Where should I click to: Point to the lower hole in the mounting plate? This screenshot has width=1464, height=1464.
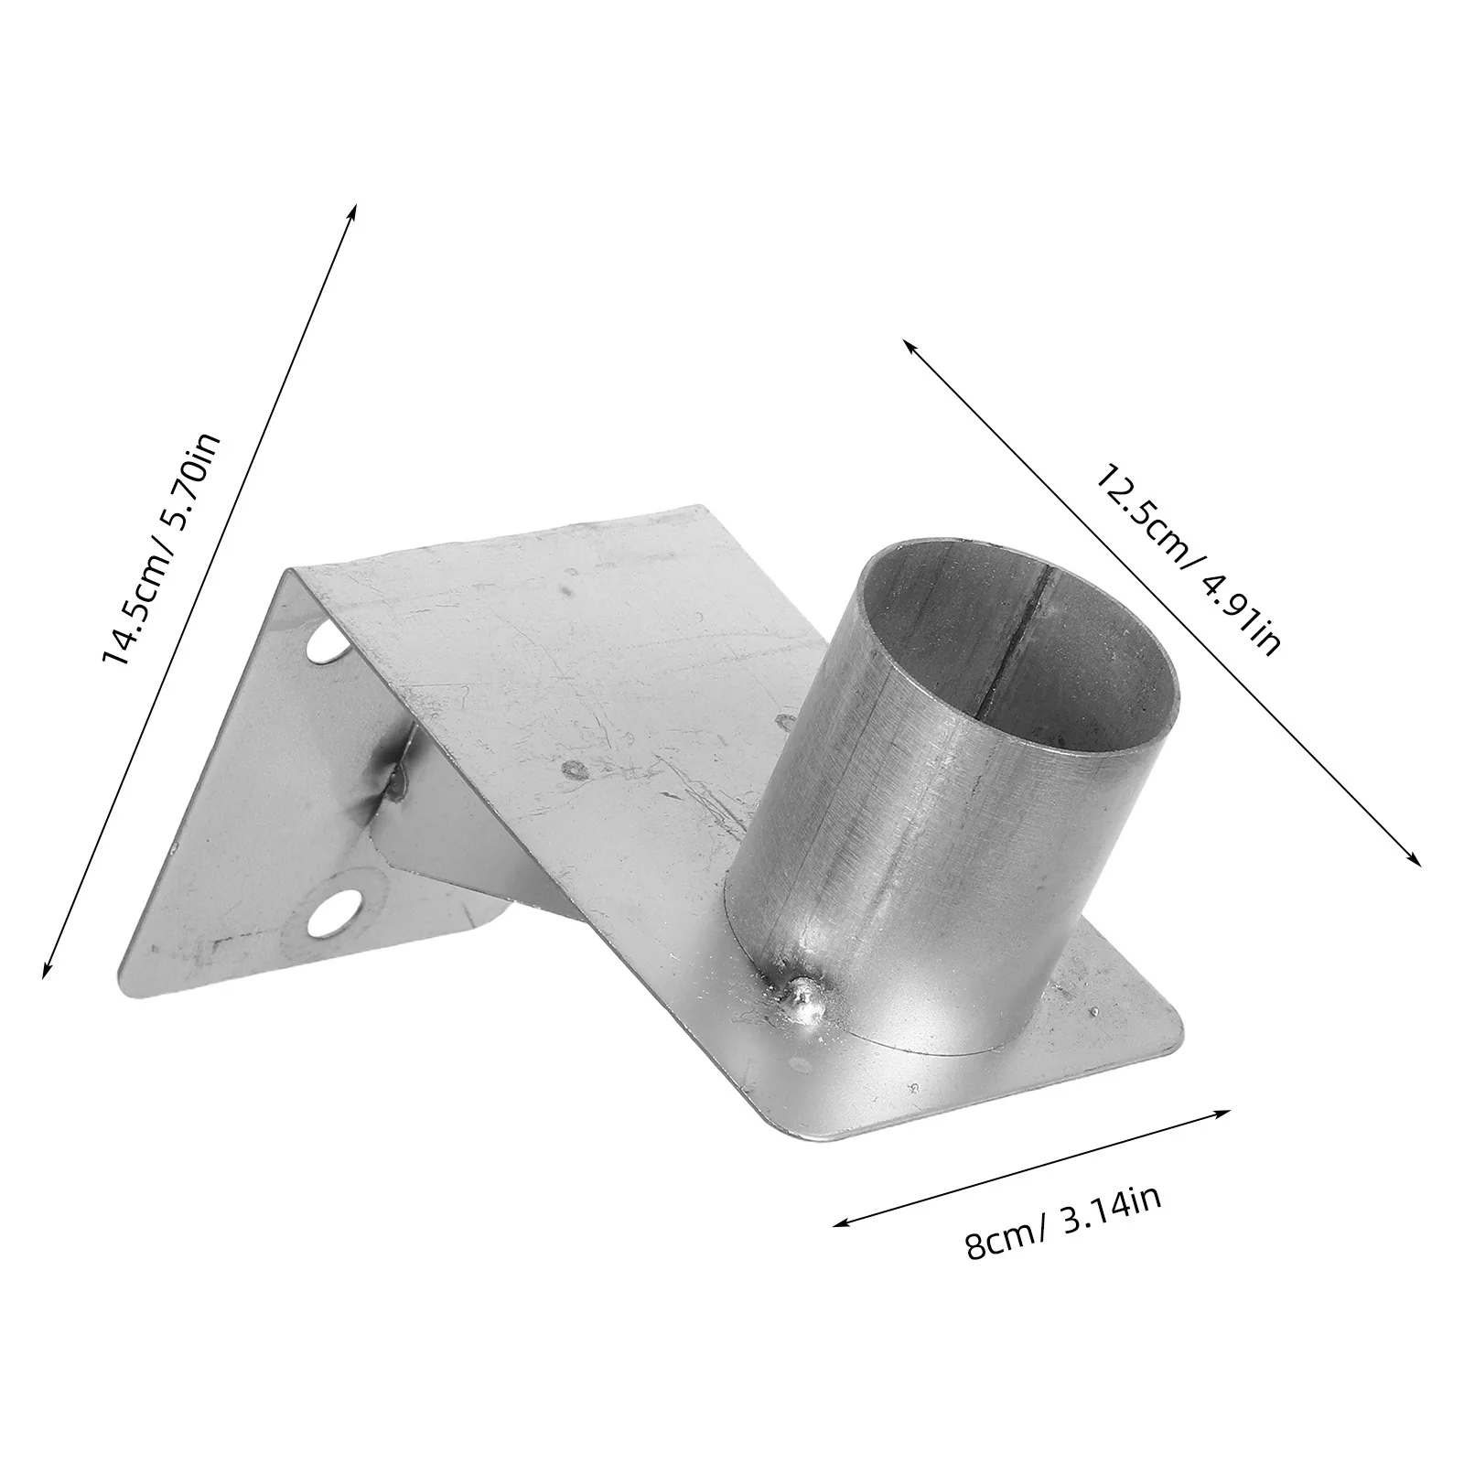click(332, 913)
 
